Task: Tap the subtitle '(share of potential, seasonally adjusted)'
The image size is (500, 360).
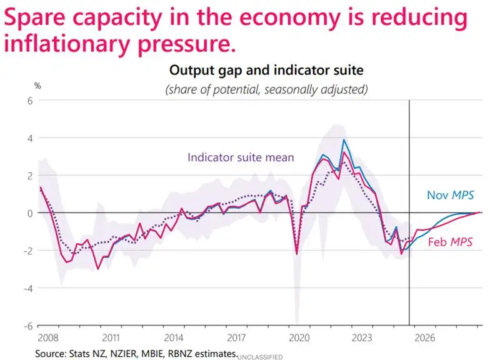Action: coord(266,89)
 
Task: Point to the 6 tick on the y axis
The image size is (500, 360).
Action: coord(28,101)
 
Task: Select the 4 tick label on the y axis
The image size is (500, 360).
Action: coord(28,138)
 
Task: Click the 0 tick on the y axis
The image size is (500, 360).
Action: coord(28,213)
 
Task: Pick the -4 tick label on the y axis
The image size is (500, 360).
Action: coord(26,288)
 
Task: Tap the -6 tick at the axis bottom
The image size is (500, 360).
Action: coord(26,326)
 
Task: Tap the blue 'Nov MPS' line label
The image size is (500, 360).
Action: coord(450,196)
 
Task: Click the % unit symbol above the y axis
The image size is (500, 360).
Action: coord(36,86)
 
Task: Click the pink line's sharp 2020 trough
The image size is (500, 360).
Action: coord(296,254)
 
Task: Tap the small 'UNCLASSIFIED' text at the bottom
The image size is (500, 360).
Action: coord(260,356)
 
